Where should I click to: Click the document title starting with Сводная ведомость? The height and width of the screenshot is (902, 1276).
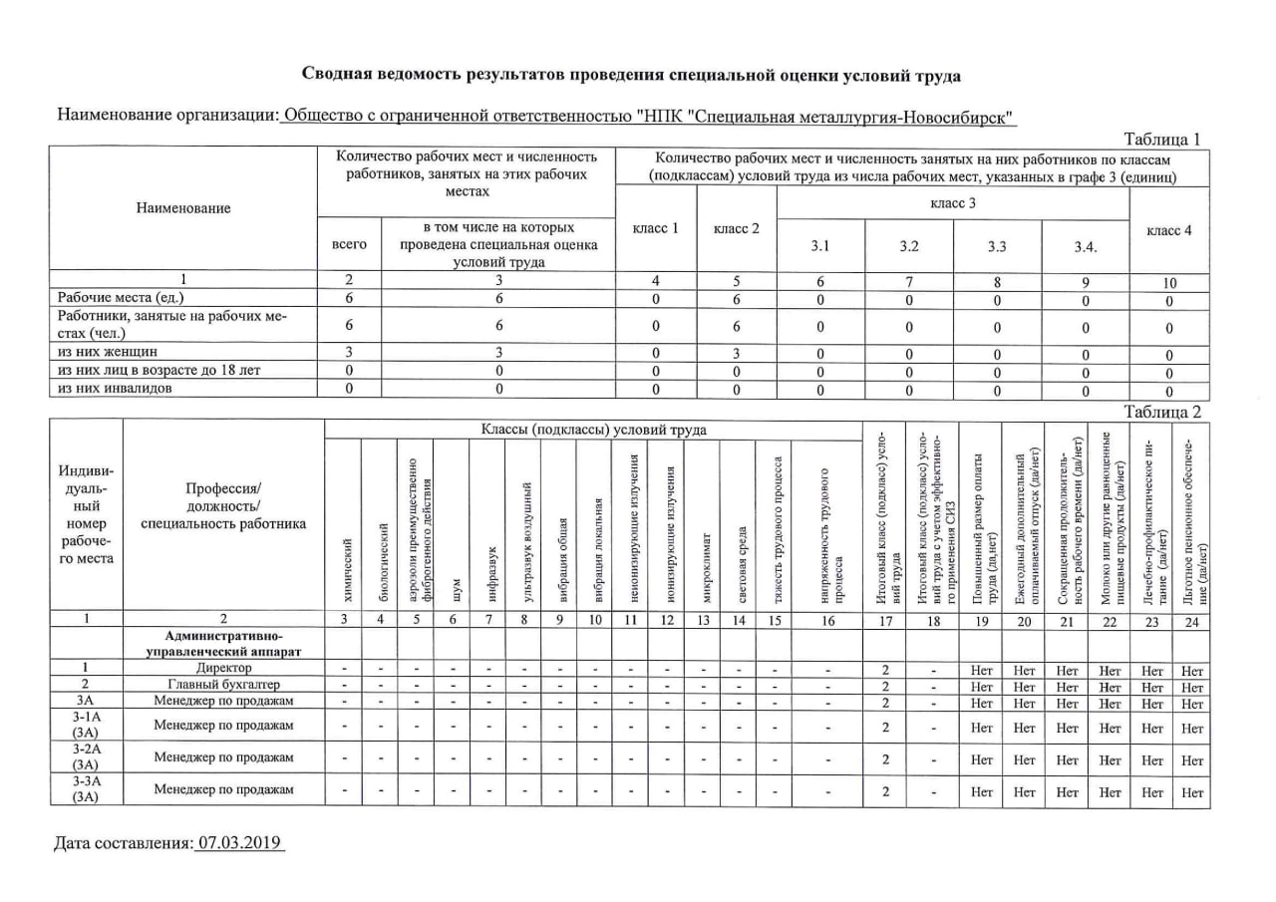pos(632,75)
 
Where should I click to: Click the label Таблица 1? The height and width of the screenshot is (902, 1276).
pos(1162,139)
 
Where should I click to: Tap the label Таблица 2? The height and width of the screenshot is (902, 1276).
pos(1162,411)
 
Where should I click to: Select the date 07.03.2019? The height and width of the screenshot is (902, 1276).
pos(239,843)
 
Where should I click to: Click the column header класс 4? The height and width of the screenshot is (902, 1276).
pos(1169,230)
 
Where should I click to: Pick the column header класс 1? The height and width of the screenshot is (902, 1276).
pos(655,228)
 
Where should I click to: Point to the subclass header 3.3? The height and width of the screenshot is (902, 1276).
pos(997,246)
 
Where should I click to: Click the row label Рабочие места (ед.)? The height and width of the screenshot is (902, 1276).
pos(121,297)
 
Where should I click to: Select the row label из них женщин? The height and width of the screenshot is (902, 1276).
pos(108,352)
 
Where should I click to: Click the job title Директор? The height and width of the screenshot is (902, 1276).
pos(223,668)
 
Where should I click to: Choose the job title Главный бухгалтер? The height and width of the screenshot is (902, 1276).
pos(223,685)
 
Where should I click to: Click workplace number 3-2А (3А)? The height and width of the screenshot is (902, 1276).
pos(88,756)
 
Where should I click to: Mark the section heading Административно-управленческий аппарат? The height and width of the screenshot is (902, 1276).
pos(223,643)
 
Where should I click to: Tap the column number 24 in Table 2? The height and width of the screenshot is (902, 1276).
pos(1191,620)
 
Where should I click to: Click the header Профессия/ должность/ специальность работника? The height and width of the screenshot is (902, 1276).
pos(223,505)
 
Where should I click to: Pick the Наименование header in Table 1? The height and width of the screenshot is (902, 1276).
pos(183,207)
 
